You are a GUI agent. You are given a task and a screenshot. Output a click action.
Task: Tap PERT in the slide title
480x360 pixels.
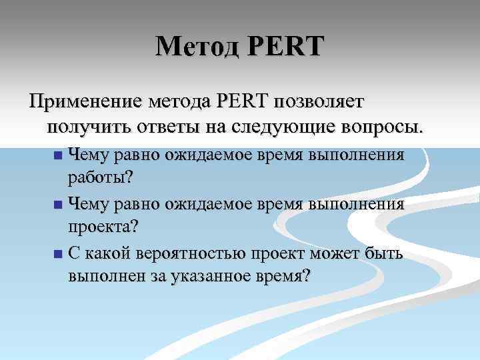tap(286, 47)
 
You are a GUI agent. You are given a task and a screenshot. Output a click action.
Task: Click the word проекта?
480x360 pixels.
tap(103, 226)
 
